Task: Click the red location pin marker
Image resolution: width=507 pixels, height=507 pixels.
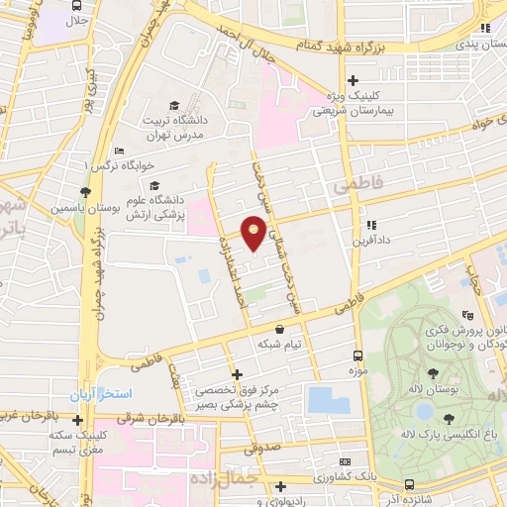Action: (254, 234)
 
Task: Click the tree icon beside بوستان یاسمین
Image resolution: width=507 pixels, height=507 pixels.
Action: (86, 192)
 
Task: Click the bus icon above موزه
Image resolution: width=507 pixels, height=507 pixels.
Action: (357, 355)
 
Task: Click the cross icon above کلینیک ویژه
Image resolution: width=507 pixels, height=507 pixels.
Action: (353, 81)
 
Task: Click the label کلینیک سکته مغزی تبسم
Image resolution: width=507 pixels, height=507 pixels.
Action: (77, 442)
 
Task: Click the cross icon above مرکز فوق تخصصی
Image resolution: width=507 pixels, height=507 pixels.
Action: (236, 374)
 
